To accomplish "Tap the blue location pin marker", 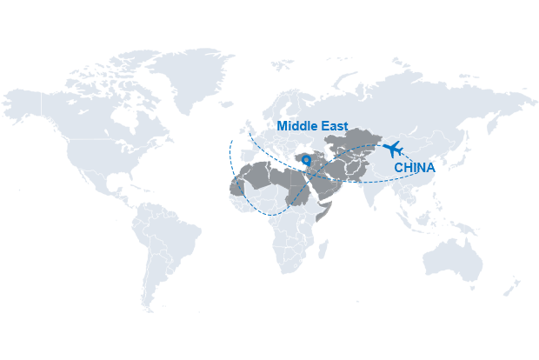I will click(x=306, y=160).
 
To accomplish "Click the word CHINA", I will click(x=414, y=167).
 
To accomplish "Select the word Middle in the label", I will click(x=296, y=127).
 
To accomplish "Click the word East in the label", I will click(x=334, y=127).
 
